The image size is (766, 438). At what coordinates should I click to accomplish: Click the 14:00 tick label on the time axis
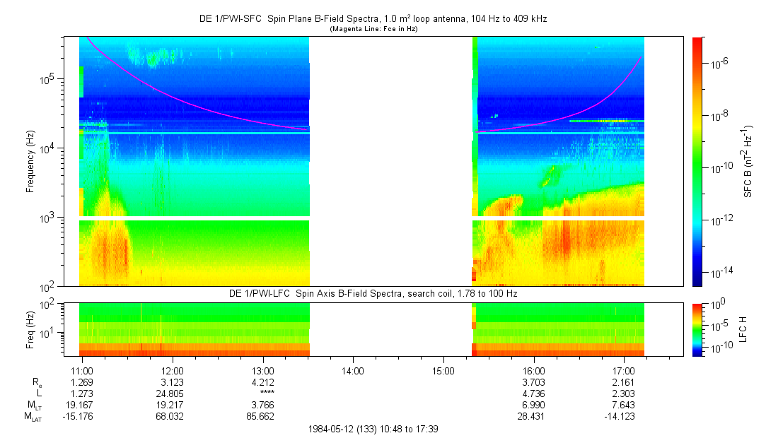click(x=353, y=371)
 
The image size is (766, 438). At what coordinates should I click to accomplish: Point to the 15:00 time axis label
click(x=443, y=371)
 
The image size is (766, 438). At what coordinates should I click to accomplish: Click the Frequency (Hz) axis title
click(x=30, y=161)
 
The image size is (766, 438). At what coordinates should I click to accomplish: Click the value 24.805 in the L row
click(x=173, y=393)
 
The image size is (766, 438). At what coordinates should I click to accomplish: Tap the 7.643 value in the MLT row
click(x=624, y=404)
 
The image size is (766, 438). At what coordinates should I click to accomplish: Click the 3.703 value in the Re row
click(x=533, y=381)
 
